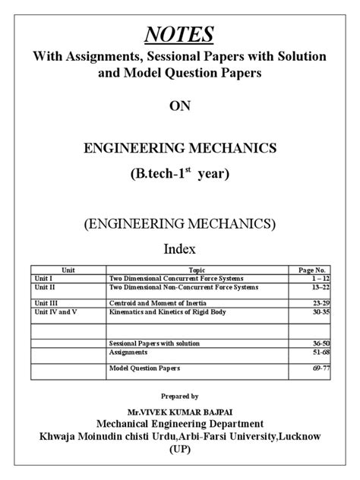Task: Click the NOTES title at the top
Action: tap(179, 34)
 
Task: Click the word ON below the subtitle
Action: tap(180, 106)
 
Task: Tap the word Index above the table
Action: tap(180, 248)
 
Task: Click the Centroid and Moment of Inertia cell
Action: tap(158, 303)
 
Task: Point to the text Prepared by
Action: tap(180, 396)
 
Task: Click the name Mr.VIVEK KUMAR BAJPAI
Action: tap(180, 410)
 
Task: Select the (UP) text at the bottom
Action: tap(180, 450)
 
